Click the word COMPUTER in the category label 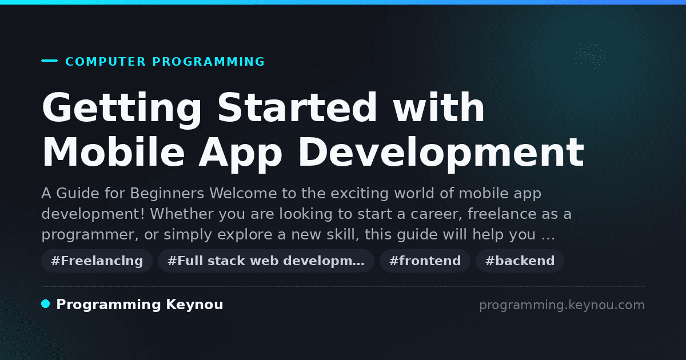(105, 62)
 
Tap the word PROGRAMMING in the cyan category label (208, 62)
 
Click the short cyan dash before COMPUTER (49, 61)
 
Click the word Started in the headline (297, 107)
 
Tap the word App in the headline (241, 155)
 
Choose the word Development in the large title (441, 155)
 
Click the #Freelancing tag (97, 261)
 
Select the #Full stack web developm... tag (266, 261)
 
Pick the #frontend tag (425, 261)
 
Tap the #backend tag (520, 261)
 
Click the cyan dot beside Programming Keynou (46, 304)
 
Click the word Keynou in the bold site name (194, 305)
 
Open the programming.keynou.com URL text (562, 305)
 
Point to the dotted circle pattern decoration (590, 56)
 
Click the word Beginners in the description (167, 194)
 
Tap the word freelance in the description (502, 214)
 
